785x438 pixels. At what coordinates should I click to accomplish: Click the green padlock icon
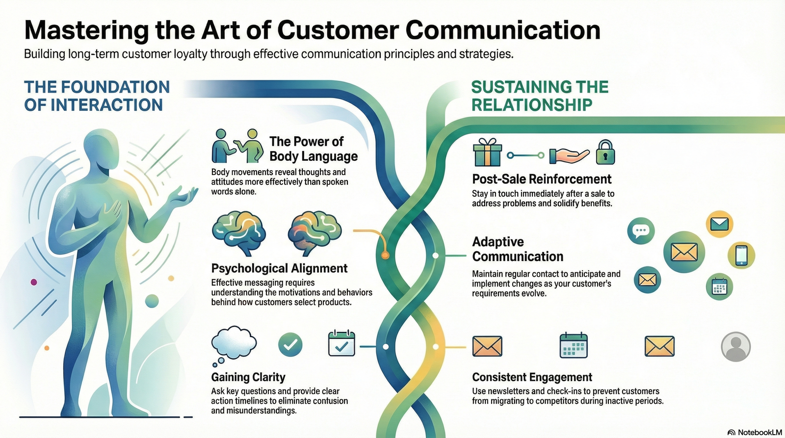[605, 153]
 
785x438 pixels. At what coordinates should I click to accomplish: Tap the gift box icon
[487, 153]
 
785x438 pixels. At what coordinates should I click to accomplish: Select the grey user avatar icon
[735, 347]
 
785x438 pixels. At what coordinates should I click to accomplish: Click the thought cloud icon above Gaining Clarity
[234, 343]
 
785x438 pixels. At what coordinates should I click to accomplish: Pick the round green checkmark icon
[290, 345]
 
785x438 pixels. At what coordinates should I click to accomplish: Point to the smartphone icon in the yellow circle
[741, 255]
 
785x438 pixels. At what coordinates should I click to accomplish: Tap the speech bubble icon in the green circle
[641, 231]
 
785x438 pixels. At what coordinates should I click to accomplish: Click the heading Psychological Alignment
[279, 268]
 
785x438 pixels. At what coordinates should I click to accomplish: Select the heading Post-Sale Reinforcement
[542, 179]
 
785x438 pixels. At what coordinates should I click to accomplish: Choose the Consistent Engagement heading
[532, 377]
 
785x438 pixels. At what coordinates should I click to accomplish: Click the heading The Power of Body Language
[313, 149]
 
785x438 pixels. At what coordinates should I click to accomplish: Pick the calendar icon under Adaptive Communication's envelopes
[719, 287]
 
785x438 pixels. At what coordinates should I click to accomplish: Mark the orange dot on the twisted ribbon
[385, 256]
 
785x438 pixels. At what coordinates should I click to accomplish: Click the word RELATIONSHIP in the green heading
[532, 105]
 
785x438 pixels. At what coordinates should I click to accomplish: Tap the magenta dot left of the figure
[34, 282]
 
